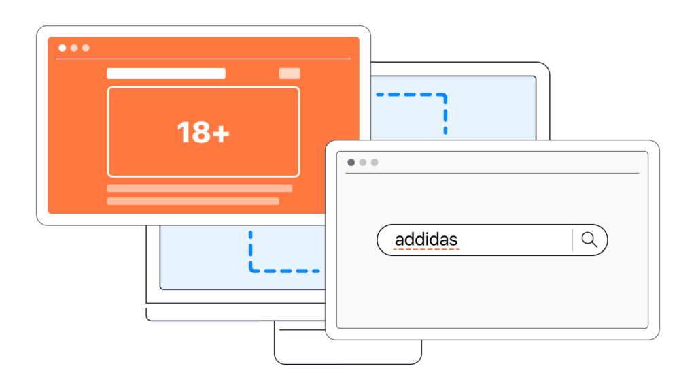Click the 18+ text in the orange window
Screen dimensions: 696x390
203,132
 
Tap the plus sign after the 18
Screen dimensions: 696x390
221,133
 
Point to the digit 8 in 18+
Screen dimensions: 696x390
200,132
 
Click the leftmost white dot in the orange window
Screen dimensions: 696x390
63,48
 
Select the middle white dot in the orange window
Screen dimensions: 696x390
74,48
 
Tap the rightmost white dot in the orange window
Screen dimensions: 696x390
86,48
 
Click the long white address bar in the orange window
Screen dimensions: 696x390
166,74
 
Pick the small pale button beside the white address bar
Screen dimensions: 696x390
290,74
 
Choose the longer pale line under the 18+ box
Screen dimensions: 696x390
200,189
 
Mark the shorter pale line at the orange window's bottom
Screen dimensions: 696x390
193,201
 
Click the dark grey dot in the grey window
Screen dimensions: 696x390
351,162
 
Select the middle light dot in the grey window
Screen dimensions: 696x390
363,162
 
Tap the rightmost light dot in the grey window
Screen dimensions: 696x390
375,162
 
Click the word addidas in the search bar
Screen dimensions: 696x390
426,240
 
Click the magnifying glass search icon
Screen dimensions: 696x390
589,240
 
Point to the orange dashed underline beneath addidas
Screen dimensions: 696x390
427,250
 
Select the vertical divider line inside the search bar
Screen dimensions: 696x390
572,240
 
